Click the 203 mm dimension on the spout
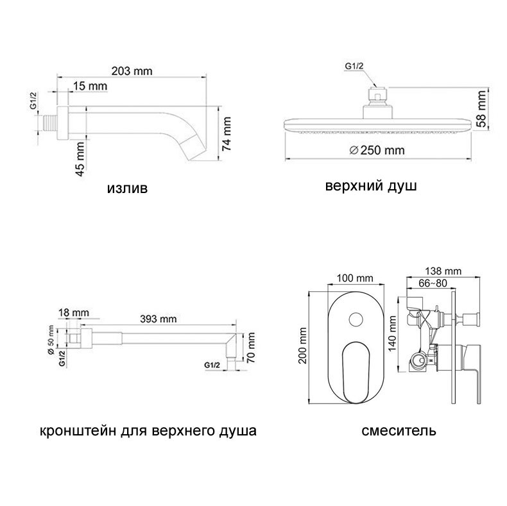pos(132,71)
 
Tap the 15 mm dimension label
pos(90,87)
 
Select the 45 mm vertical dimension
pos(80,159)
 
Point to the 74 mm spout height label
pos(227,134)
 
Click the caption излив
pos(127,188)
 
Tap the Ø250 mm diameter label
pos(377,150)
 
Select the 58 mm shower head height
pos(481,109)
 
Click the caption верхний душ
pos(371,187)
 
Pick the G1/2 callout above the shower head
pos(354,66)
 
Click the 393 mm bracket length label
pos(159,319)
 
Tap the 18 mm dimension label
pos(73,313)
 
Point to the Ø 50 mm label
pos(51,341)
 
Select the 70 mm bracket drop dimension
pos(250,348)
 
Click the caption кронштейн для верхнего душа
pos(148,431)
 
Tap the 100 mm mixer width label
pos(355,278)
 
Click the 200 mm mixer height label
pos(302,346)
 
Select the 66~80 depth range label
pos(433,283)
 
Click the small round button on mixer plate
pos(356,319)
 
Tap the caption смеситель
pos(399,431)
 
